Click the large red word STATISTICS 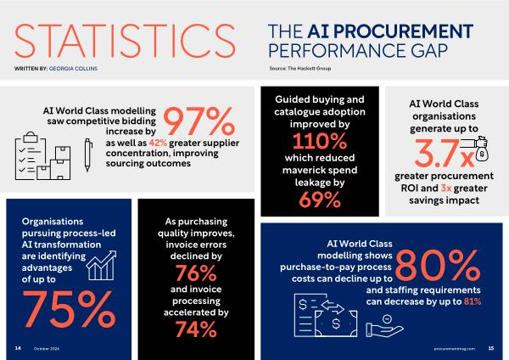point(125,41)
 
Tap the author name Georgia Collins point(73,69)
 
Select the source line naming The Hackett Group point(300,68)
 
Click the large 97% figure point(199,121)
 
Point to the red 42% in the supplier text point(158,143)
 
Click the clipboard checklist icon point(31,155)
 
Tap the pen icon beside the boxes point(88,155)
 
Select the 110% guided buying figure point(320,141)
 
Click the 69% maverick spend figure point(320,200)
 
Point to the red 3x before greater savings point(445,188)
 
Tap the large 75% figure point(69,309)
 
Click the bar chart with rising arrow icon point(101,266)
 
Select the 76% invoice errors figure point(196,273)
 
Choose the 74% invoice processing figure point(196,329)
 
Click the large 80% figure point(437,265)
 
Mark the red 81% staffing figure point(473,301)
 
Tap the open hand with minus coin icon point(384,326)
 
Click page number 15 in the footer point(491,348)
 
